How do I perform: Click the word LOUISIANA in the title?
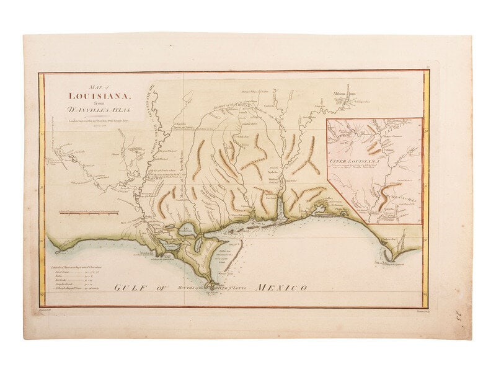click(x=99, y=95)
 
